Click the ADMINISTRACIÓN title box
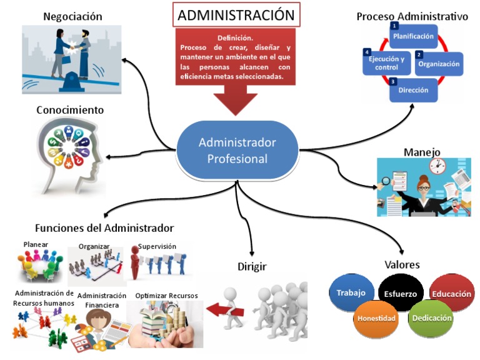236,15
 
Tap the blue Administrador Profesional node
237,150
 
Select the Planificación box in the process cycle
414,37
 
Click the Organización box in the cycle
439,63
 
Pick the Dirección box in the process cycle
413,90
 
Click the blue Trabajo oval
351,292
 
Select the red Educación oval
452,292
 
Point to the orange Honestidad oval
376,318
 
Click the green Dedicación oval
430,317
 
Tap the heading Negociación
72,16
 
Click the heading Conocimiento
70,110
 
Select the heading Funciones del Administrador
104,227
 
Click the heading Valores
402,264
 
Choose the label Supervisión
157,246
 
